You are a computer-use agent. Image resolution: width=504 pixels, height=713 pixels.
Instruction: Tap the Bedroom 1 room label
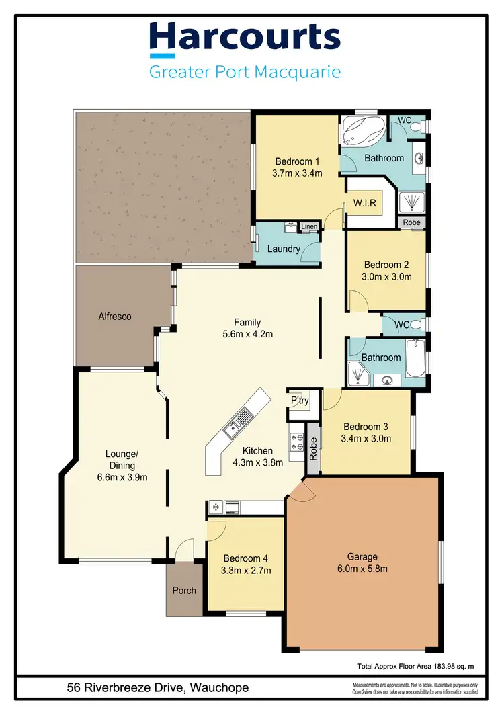pyautogui.click(x=297, y=161)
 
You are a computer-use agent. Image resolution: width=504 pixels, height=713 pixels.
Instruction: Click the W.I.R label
pyautogui.click(x=364, y=202)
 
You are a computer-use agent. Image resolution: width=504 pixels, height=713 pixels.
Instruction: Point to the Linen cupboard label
pyautogui.click(x=309, y=227)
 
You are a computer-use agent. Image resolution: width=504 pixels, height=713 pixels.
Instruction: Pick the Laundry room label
pyautogui.click(x=283, y=249)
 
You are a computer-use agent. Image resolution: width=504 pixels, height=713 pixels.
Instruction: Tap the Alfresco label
pyautogui.click(x=114, y=315)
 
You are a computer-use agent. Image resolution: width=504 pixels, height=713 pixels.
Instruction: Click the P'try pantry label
pyautogui.click(x=299, y=401)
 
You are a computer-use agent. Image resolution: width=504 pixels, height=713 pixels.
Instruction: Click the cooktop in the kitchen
pyautogui.click(x=296, y=441)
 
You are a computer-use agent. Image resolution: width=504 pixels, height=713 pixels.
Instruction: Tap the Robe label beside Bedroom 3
pyautogui.click(x=313, y=448)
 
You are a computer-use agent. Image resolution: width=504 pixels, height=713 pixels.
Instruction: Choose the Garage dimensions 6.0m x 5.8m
pyautogui.click(x=362, y=569)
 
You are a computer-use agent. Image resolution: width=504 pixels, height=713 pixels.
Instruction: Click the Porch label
pyautogui.click(x=184, y=591)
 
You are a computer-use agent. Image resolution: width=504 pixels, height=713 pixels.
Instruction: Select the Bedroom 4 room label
pyautogui.click(x=246, y=558)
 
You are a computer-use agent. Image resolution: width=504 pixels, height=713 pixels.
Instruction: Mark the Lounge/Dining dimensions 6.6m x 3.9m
pyautogui.click(x=122, y=478)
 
